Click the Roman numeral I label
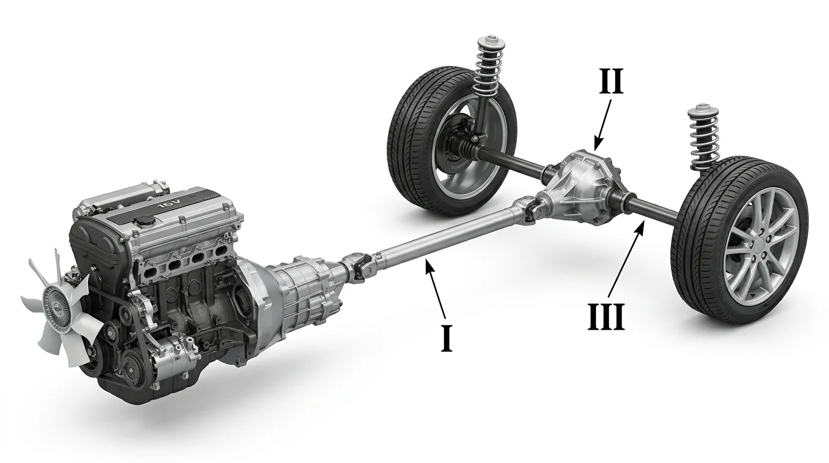[446, 338]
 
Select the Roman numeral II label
[611, 81]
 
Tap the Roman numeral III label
[606, 317]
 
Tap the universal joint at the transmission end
[357, 265]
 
